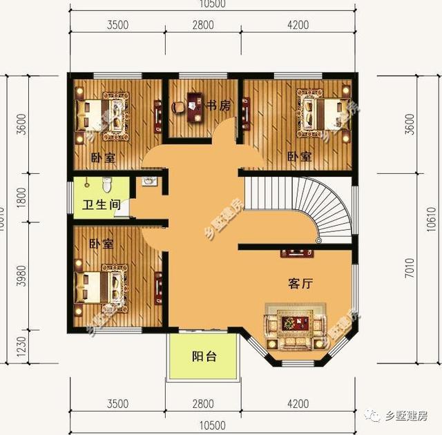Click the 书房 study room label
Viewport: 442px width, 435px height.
pyautogui.click(x=218, y=105)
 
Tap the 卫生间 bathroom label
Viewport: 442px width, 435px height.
pyautogui.click(x=102, y=205)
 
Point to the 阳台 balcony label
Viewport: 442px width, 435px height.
pyautogui.click(x=204, y=357)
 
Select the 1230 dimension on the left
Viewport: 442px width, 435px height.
pyautogui.click(x=21, y=343)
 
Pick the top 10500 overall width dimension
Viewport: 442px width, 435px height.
pyautogui.click(x=216, y=5)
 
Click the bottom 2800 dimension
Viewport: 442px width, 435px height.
pyautogui.click(x=203, y=403)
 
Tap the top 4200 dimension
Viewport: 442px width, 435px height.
pyautogui.click(x=298, y=26)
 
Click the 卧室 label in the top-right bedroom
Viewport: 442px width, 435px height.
pyautogui.click(x=300, y=157)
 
